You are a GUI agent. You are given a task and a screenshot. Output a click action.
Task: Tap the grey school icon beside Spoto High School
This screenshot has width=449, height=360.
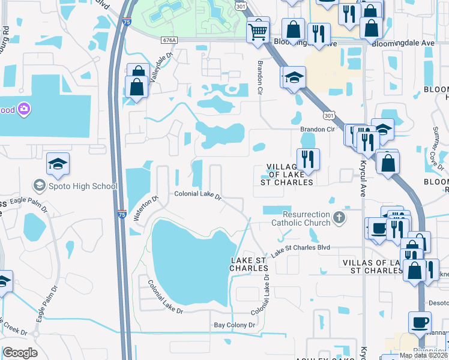coord(40,185)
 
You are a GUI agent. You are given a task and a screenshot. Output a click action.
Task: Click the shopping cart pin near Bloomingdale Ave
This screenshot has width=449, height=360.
coord(258,29)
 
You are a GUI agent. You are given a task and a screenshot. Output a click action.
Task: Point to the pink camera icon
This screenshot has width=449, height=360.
coord(24,109)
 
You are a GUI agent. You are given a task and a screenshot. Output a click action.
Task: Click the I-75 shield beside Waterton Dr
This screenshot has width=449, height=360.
coord(122,214)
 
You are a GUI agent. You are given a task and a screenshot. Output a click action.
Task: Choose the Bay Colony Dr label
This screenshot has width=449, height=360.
coord(235,325)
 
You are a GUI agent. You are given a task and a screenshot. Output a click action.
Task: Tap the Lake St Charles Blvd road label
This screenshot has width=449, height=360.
coord(301,251)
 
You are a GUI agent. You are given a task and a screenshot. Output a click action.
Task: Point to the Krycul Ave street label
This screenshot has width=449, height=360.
coord(363,179)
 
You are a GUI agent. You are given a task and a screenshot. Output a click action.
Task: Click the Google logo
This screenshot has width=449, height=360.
coord(20,353)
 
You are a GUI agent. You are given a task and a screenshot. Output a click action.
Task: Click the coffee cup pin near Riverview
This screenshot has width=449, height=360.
coord(420,322)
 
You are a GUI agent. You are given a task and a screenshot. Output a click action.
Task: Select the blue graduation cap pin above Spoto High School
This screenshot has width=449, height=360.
coord(58,164)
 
